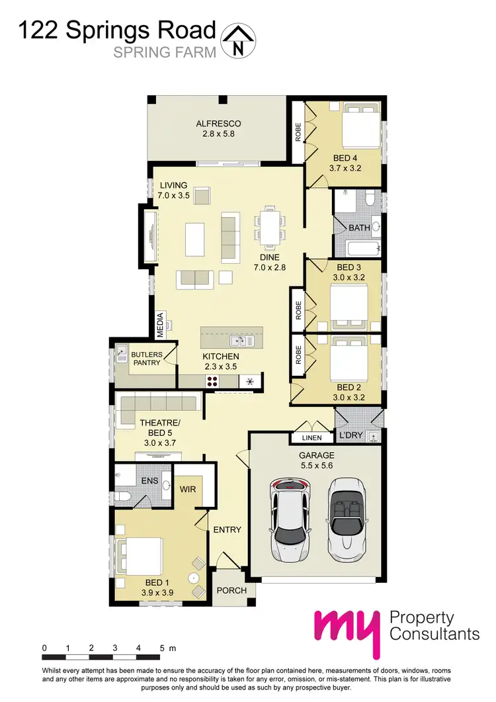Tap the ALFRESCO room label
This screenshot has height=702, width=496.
(x=218, y=124)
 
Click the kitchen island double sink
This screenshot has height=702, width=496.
(x=239, y=341)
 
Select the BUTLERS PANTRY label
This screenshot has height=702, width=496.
(x=145, y=358)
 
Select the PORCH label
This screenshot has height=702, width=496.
(x=231, y=590)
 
